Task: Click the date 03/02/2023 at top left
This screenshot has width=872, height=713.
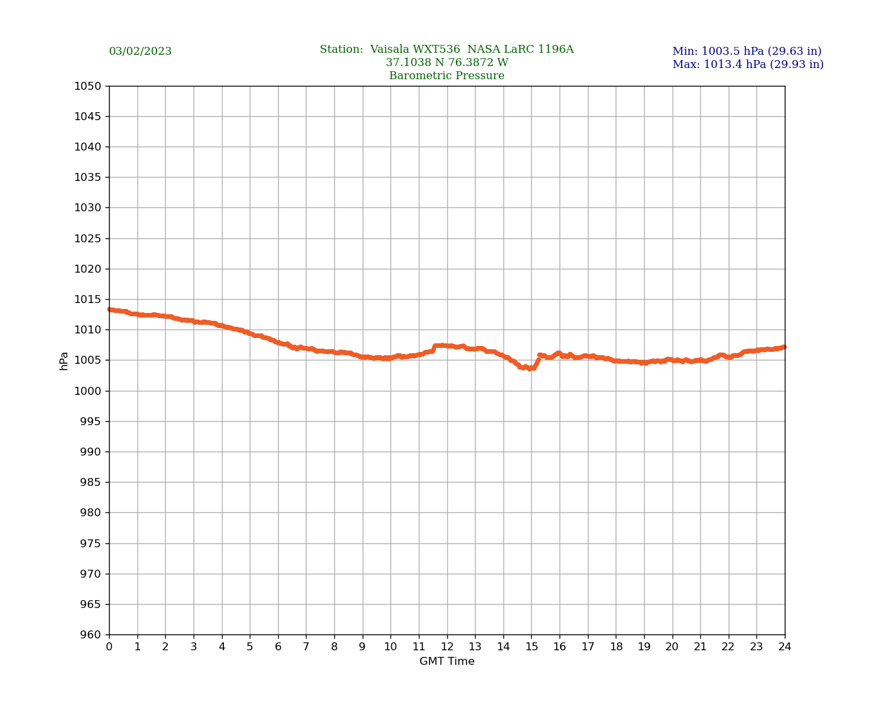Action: (140, 51)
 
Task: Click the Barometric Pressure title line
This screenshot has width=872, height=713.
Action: (447, 76)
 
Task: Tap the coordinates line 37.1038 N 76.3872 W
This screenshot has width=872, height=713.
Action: (447, 63)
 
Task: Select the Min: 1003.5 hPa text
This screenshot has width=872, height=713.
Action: (746, 51)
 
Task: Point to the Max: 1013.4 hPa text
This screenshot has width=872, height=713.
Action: (748, 65)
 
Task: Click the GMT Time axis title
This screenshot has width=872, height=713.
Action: (447, 662)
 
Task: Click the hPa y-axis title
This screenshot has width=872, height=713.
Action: (64, 360)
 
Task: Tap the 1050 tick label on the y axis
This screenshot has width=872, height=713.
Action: (88, 86)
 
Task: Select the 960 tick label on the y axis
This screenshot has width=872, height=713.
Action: (91, 635)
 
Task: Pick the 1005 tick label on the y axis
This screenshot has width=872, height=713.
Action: (88, 360)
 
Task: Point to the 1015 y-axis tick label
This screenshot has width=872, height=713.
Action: (88, 300)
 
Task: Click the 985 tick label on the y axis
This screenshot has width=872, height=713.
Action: (91, 483)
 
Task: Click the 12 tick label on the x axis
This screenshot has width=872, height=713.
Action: (447, 647)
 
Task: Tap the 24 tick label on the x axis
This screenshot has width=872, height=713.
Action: (785, 647)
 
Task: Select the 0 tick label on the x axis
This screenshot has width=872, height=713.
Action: (109, 647)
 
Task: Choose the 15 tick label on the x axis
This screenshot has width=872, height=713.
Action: (531, 647)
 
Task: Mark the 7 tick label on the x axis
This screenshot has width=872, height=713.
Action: (306, 647)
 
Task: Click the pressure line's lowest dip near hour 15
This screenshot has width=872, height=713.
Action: (530, 368)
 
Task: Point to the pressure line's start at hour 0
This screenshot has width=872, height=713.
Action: (110, 310)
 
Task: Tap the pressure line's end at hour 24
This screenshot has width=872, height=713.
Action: (784, 347)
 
